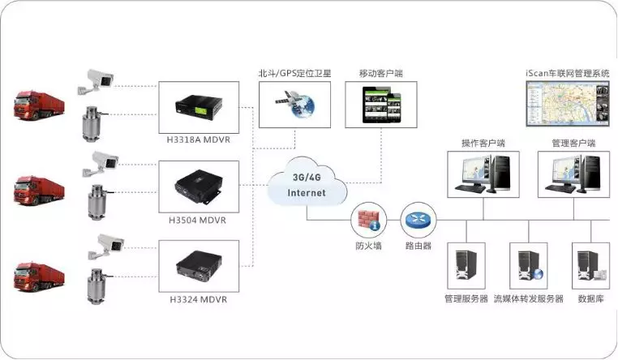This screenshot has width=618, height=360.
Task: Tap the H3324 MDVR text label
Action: (x=198, y=299)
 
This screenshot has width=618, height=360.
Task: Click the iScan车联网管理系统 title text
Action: (x=566, y=73)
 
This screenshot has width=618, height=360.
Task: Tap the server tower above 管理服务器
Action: (x=466, y=265)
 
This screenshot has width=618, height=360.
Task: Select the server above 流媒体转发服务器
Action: (x=528, y=265)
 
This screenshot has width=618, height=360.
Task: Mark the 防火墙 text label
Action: (x=367, y=244)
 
